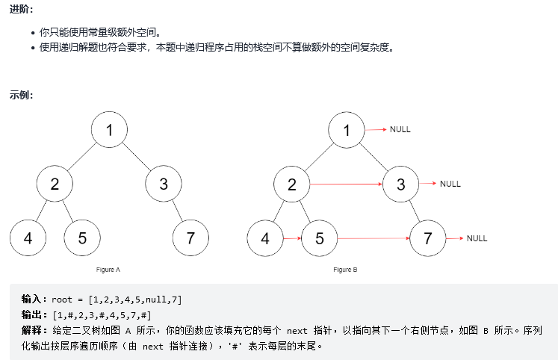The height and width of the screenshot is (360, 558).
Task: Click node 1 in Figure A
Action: click(109, 130)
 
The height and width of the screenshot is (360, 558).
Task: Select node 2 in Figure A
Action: click(55, 184)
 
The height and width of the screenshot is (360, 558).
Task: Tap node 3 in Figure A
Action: click(164, 184)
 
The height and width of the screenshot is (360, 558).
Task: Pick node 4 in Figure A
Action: click(28, 238)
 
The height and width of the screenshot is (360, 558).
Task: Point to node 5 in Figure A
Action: click(82, 238)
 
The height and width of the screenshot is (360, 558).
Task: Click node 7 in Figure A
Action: click(190, 238)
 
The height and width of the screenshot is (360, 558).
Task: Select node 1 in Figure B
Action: click(347, 130)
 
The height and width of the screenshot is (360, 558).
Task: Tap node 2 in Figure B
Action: click(292, 184)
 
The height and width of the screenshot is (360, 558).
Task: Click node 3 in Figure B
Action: click(401, 184)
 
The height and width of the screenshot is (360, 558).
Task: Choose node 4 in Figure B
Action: click(265, 238)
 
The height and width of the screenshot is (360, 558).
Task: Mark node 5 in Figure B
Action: click(320, 238)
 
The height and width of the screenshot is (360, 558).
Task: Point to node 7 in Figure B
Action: click(428, 238)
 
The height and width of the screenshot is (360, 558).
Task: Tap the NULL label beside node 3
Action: click(450, 184)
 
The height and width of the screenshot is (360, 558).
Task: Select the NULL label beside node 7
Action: click(477, 238)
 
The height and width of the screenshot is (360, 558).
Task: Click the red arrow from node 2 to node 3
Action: click(347, 184)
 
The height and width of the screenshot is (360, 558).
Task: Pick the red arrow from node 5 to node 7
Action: click(373, 238)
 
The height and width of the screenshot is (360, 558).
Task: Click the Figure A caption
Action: click(108, 269)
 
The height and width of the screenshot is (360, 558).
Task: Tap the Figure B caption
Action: click(346, 269)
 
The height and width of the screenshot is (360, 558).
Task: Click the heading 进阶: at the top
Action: click(22, 9)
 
